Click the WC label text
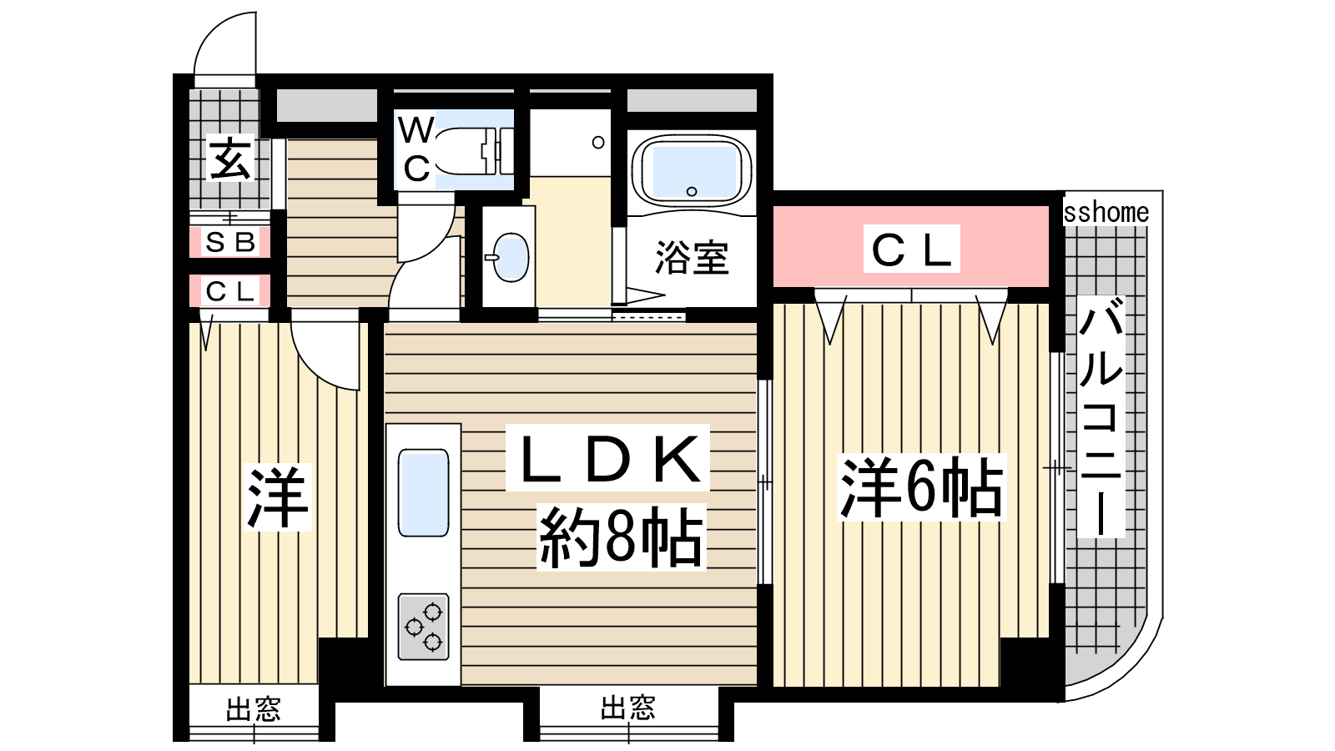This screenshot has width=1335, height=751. click(416, 149)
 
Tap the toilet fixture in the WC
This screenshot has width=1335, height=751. click(475, 151)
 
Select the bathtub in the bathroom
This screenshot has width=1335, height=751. click(692, 170)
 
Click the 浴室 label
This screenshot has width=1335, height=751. click(692, 258)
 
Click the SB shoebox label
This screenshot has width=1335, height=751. click(230, 243)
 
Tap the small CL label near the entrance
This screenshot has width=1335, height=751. click(230, 291)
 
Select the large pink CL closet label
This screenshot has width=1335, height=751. click(911, 249)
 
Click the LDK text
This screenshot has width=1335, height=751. click(608, 458)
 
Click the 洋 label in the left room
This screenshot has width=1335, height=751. click(278, 497)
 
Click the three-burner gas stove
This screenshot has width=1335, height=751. click(423, 627)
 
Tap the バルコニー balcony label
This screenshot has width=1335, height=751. click(1101, 418)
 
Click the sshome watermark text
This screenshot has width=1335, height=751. click(1106, 213)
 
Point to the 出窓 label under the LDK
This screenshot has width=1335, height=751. click(628, 708)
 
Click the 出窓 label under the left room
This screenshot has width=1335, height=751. click(254, 709)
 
